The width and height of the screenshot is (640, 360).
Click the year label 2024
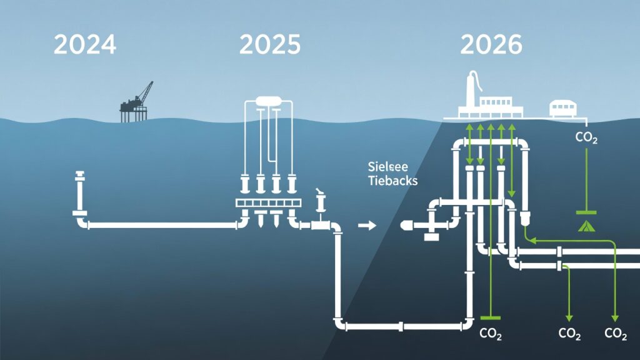[x=85, y=44]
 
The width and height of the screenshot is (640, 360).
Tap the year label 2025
[x=269, y=44]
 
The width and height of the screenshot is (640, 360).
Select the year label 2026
[x=491, y=44]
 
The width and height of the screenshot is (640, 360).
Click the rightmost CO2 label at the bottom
[x=616, y=334]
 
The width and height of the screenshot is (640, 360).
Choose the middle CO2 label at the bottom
[x=569, y=334]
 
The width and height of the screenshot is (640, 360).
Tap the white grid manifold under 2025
[x=269, y=204]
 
